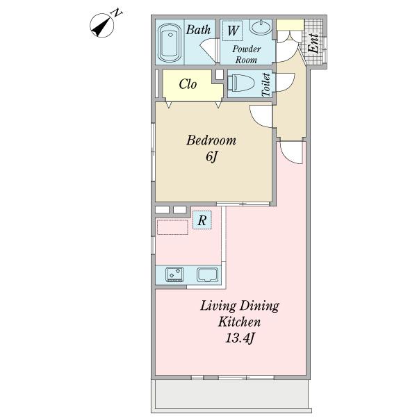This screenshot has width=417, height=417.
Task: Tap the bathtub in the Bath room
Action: pos(170,43)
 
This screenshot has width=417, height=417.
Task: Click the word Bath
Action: pos(198,30)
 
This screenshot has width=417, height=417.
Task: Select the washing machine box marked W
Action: pos(232,31)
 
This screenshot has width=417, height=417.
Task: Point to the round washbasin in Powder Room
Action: pos(261,27)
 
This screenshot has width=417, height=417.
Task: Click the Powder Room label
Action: pos(246,54)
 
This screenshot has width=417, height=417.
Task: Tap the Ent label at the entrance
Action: pos(313,43)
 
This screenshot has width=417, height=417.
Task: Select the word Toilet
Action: pos(266,85)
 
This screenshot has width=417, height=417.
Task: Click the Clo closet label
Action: pos(188,84)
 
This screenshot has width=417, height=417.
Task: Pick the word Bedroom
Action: pos(211,140)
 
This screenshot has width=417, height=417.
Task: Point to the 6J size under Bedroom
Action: pos(212,156)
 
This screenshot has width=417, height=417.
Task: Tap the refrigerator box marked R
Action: pos(202,220)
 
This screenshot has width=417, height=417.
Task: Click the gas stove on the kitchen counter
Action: pos(174,275)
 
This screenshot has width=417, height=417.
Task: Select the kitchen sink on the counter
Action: pos(207,275)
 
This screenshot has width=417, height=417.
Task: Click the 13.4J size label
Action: pos(240,338)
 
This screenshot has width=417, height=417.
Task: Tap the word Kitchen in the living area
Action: pos(239,322)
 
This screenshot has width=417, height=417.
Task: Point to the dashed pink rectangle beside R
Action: pos(172,227)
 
